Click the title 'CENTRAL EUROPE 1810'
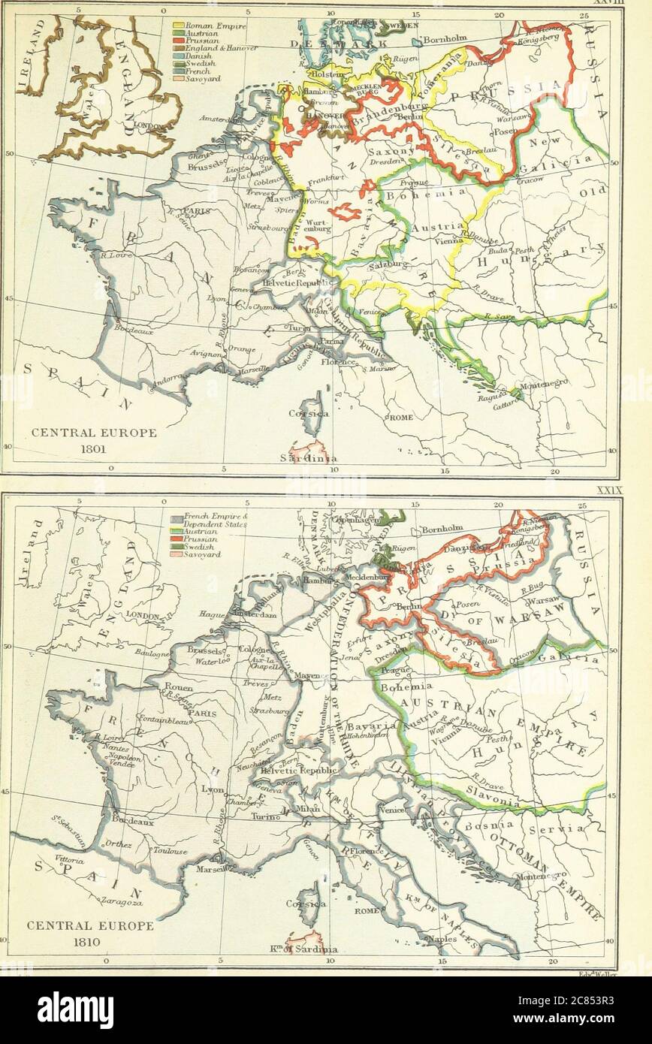(x=90, y=934)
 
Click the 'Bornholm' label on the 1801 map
(x=447, y=39)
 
